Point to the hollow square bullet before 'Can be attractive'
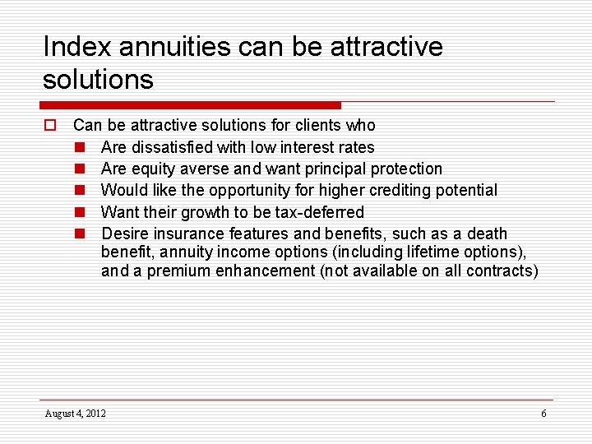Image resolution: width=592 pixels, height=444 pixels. [49, 126]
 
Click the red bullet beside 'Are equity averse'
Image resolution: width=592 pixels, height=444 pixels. [81, 169]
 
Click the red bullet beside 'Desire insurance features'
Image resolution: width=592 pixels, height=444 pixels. [81, 234]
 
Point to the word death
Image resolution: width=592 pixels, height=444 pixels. [487, 234]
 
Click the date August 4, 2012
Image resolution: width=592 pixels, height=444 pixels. [76, 413]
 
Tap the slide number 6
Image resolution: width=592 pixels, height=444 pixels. [543, 413]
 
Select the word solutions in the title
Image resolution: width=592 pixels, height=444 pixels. [98, 80]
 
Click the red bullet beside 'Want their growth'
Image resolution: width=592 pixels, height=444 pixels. [81, 213]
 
